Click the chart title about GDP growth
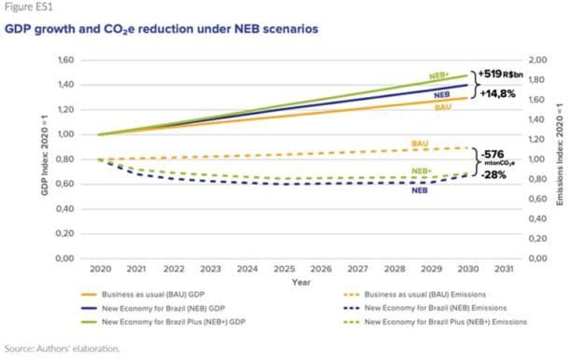click(160, 29)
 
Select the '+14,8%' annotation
click(496, 94)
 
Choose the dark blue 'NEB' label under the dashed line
click(420, 190)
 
